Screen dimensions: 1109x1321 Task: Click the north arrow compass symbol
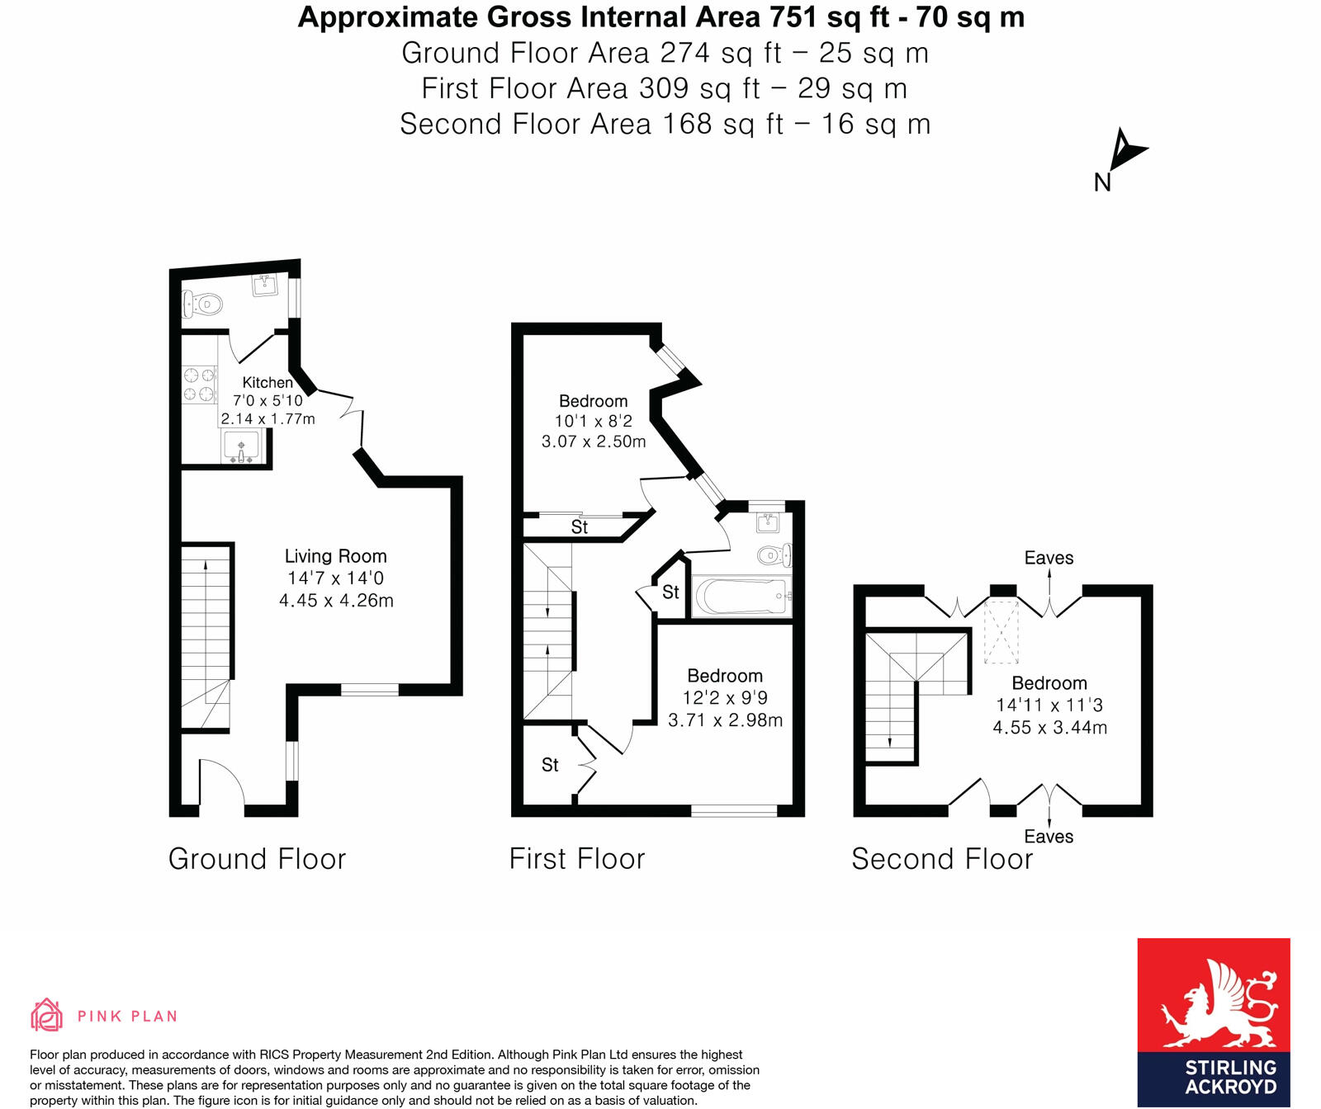pos(1125,152)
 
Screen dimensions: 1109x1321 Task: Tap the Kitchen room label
pos(267,383)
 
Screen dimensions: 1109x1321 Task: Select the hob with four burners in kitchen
pos(199,385)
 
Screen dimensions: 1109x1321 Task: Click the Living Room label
pos(335,556)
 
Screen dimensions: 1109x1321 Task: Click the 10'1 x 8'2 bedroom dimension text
pos(593,421)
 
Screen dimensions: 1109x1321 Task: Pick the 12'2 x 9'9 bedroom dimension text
pos(724,698)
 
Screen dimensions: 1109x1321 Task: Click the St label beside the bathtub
pos(670,592)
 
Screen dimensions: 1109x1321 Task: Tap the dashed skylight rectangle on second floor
pos(1001,632)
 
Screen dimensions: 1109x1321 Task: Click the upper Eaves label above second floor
pos(1049,558)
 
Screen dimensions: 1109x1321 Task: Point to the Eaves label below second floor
pos(1049,837)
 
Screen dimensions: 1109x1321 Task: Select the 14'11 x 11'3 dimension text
pos(1049,706)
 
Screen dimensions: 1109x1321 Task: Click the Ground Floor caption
pos(257,859)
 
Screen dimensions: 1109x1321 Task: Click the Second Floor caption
pos(942,859)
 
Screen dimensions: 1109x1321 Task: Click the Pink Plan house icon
pos(46,1016)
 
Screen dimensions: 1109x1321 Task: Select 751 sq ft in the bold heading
pos(829,17)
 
